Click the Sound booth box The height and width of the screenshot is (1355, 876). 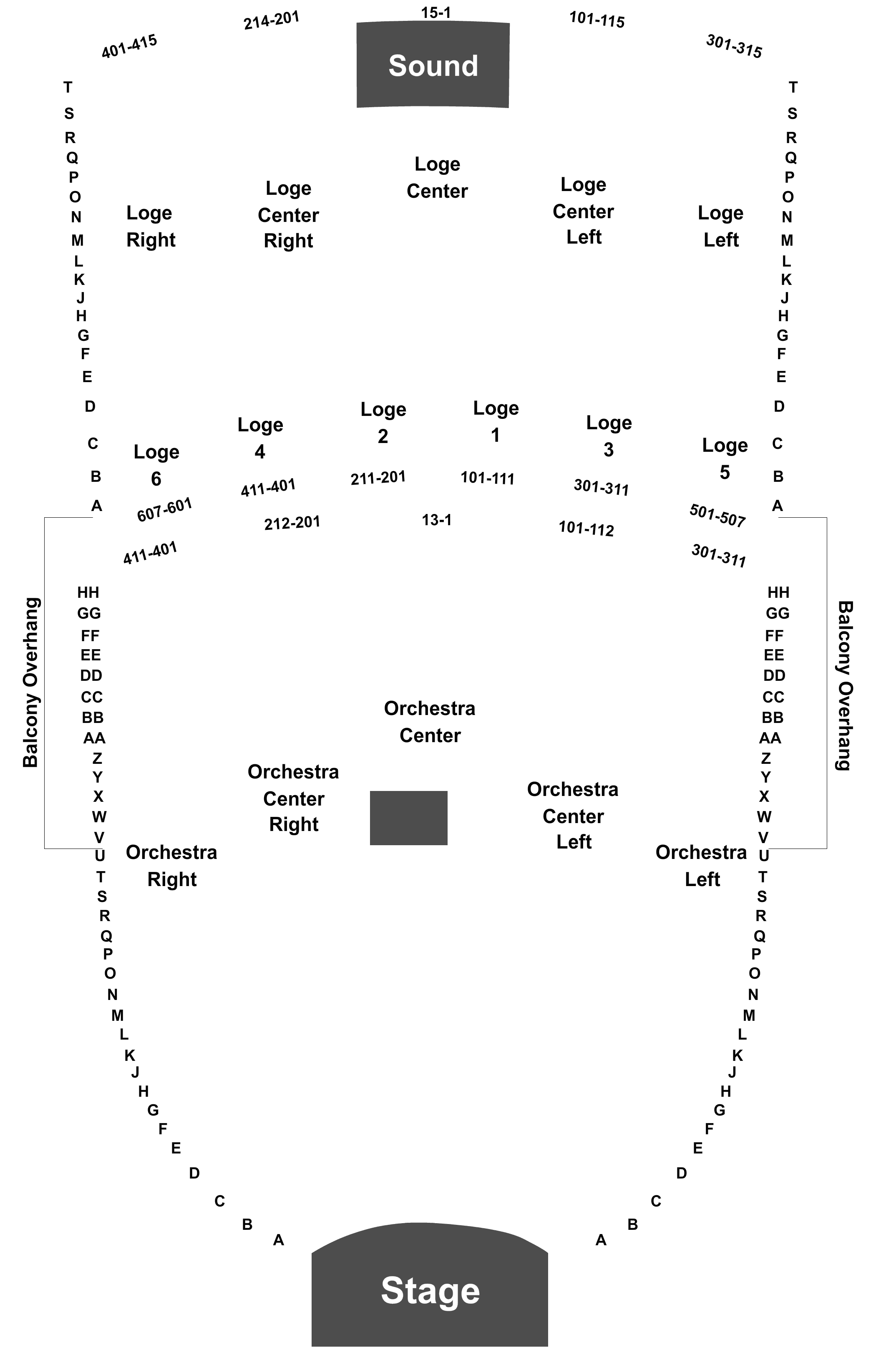point(433,65)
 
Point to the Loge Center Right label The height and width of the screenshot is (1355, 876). point(288,214)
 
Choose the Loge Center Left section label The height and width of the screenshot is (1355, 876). point(583,211)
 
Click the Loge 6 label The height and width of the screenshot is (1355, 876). point(156,465)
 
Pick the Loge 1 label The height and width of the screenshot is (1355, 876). point(496,421)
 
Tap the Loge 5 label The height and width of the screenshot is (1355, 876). point(725,458)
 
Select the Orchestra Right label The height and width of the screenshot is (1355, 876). point(172,865)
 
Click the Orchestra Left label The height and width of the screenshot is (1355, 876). point(701,865)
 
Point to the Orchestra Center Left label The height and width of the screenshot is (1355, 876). point(573,815)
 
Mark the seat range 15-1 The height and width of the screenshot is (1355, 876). point(436,12)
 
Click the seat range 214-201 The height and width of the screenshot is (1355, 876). point(271,20)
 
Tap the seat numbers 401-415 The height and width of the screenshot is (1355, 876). point(129,46)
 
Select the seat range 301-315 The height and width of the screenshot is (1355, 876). point(734,46)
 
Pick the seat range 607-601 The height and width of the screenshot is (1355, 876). point(164,510)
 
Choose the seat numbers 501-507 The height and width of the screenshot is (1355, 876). point(717,515)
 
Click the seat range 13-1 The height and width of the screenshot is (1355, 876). point(437,519)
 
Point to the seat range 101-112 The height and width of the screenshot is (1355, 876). point(587,529)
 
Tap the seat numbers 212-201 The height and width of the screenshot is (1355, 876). point(292,523)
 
